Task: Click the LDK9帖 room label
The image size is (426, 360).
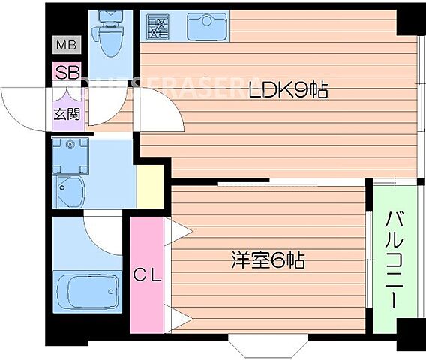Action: tap(289, 91)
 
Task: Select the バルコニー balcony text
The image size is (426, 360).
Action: tap(392, 259)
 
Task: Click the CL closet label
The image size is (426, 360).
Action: tap(147, 274)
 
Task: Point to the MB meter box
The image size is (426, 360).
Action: tap(65, 46)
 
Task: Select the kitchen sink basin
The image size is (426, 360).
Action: tap(206, 27)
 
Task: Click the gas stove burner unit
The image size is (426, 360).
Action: tap(158, 26)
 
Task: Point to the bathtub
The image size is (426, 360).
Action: tap(88, 289)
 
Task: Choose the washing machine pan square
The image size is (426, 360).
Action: tap(70, 155)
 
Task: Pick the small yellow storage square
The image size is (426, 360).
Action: tap(150, 187)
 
